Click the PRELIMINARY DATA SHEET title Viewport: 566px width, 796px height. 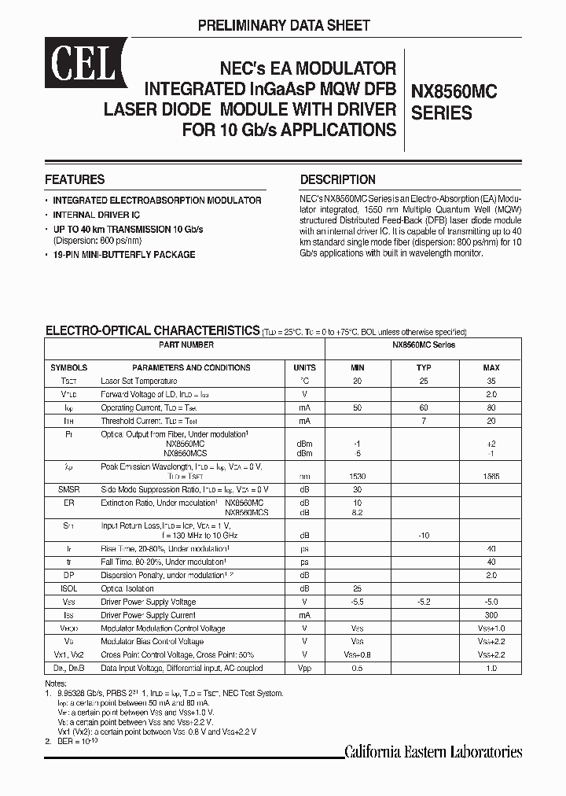pyautogui.click(x=283, y=26)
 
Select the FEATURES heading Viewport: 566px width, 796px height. pyautogui.click(x=75, y=179)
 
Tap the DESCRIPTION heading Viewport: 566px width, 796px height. pyautogui.click(x=338, y=179)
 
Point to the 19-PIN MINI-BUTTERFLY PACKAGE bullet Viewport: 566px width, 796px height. pyautogui.click(x=124, y=255)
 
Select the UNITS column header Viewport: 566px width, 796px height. pyautogui.click(x=304, y=367)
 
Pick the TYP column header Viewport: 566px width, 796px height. pyautogui.click(x=424, y=367)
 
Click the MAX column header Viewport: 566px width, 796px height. pyautogui.click(x=491, y=367)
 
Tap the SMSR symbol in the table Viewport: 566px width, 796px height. pyautogui.click(x=68, y=489)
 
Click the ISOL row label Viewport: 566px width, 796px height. pyautogui.click(x=68, y=588)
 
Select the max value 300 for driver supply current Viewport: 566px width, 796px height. pyautogui.click(x=491, y=615)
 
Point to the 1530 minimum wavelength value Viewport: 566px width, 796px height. pyautogui.click(x=357, y=477)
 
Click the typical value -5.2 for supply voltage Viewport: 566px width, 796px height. pyautogui.click(x=424, y=602)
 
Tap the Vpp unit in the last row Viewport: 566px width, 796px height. pyautogui.click(x=304, y=669)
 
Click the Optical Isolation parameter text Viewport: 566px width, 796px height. pyautogui.click(x=127, y=588)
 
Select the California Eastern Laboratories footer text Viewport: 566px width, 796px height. pyautogui.click(x=433, y=752)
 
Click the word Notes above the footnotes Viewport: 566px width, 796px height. pyautogui.click(x=56, y=683)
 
